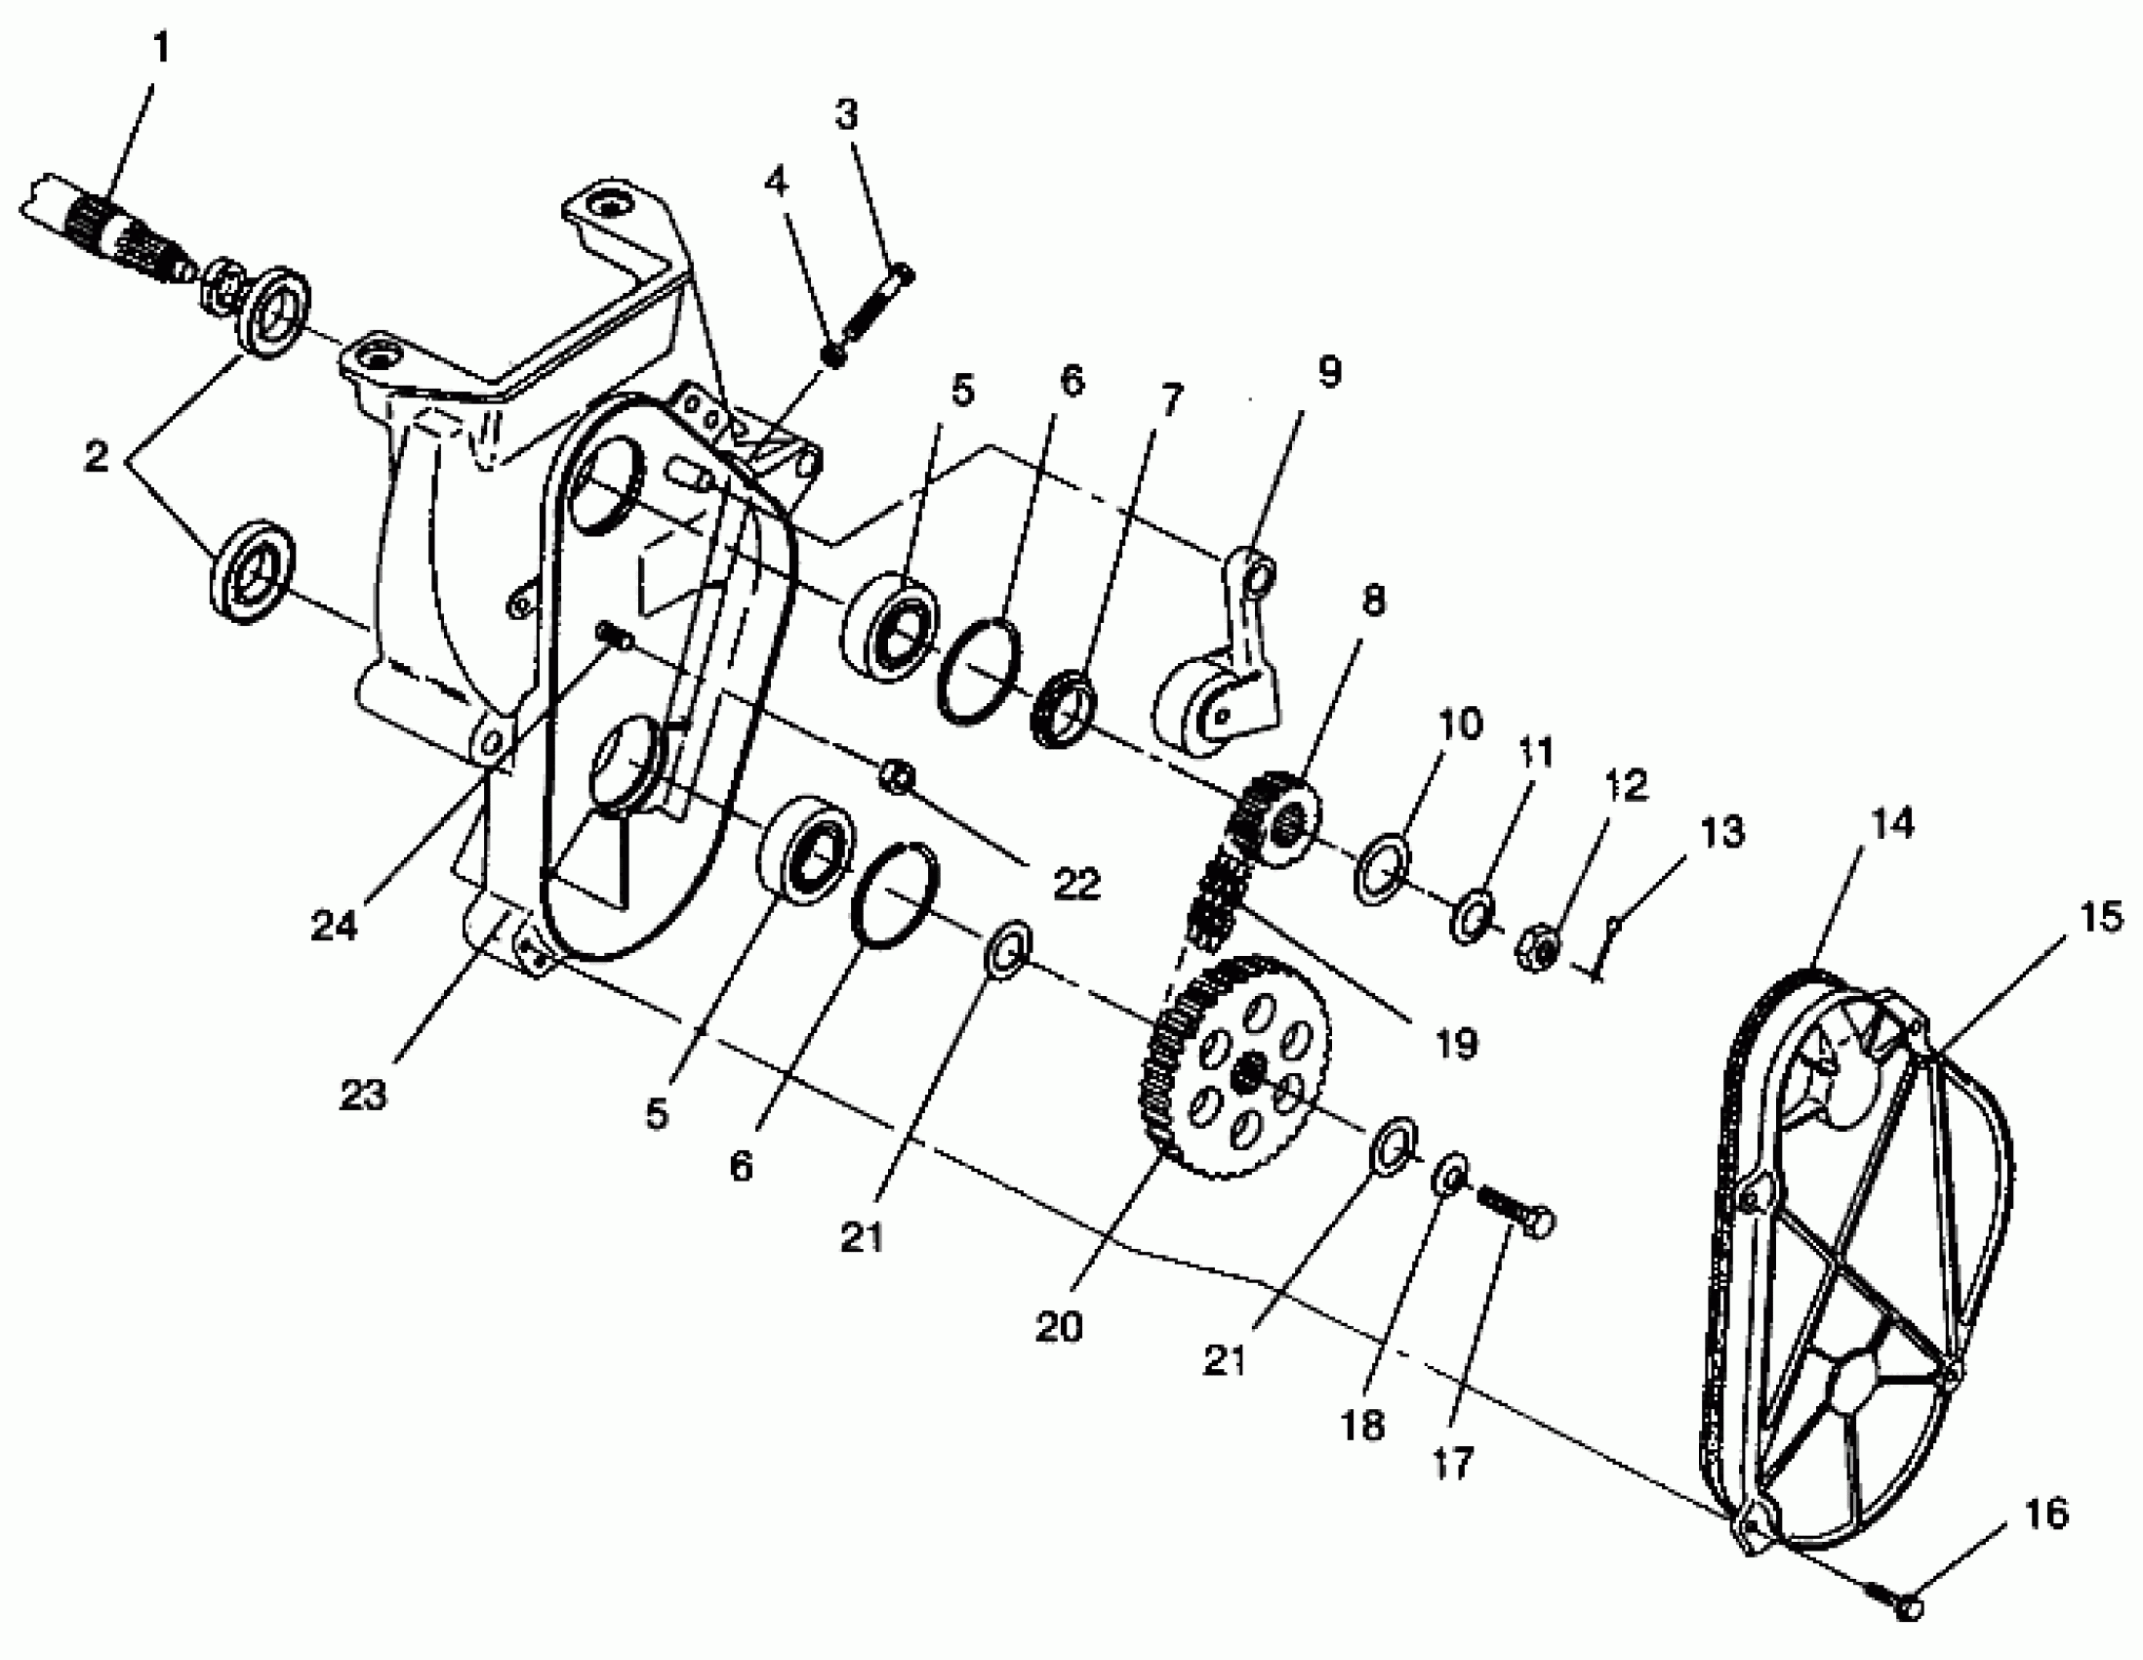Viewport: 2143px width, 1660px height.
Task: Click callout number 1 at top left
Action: click(162, 46)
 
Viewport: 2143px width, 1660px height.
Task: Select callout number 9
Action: click(1328, 372)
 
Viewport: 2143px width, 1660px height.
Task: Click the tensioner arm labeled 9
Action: click(1227, 678)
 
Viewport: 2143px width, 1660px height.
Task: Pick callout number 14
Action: click(1892, 823)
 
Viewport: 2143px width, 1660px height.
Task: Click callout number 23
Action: click(363, 1094)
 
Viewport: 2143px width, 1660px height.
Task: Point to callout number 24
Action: click(334, 925)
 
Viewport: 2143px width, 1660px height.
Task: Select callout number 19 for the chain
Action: click(1456, 1045)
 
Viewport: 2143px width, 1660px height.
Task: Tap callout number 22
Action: click(1076, 884)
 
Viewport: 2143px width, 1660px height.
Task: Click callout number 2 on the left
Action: click(96, 456)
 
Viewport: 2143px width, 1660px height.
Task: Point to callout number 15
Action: click(2100, 917)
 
